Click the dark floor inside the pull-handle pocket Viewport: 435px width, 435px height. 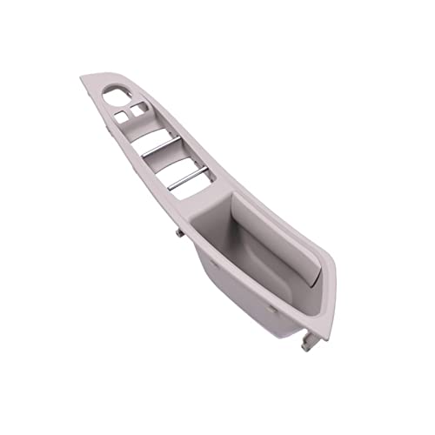click(x=261, y=261)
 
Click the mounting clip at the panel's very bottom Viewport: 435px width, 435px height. click(x=309, y=345)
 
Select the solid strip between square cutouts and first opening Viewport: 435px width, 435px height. click(x=139, y=127)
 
